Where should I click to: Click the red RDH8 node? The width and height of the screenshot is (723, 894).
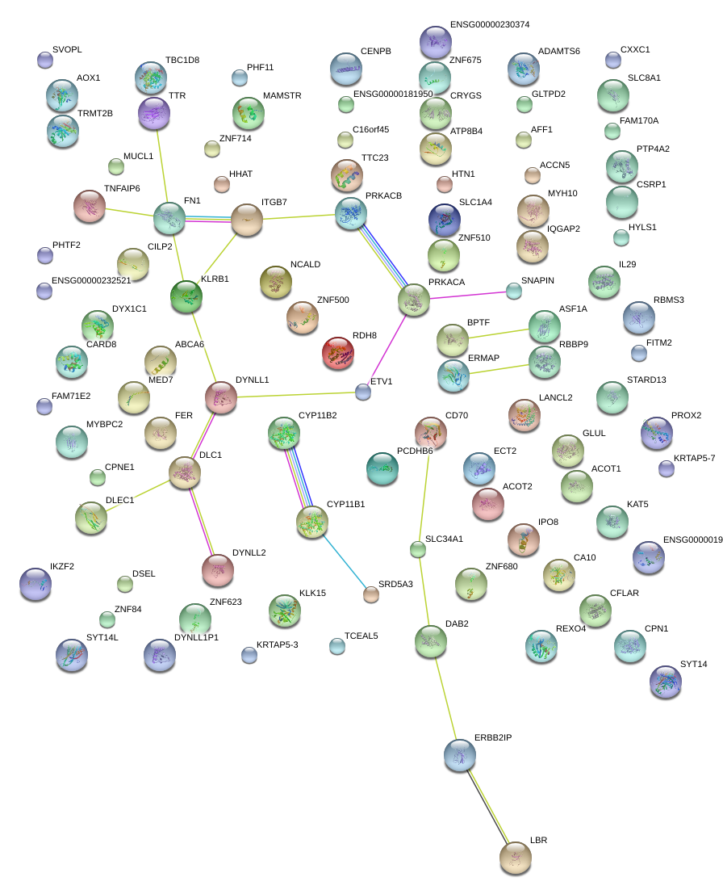point(338,353)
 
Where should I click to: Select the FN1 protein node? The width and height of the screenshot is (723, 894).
point(169,218)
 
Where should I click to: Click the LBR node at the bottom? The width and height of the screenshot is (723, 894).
point(515,857)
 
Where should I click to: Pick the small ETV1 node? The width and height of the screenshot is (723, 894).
point(363,392)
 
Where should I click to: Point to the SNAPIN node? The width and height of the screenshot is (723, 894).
point(514,290)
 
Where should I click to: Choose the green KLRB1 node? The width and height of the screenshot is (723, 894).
point(186,297)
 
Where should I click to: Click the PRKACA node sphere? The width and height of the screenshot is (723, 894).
point(414,300)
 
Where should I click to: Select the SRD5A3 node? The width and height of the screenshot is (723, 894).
point(370,594)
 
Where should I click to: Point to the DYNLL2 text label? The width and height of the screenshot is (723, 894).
point(249,553)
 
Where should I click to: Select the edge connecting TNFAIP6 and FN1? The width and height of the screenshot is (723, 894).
point(129,212)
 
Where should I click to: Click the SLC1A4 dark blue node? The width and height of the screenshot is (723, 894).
point(444,219)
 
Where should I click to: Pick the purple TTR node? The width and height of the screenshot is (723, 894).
point(154,113)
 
